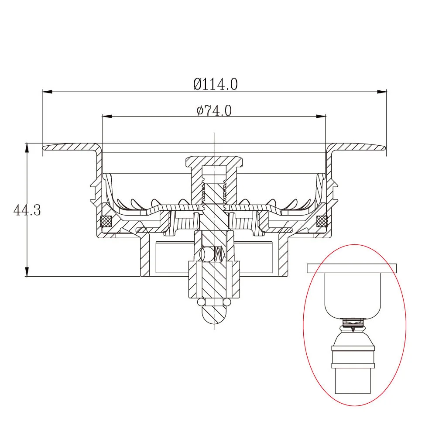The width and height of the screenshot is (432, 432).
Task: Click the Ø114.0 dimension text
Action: click(x=215, y=84)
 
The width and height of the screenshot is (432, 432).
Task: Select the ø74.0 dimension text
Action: click(x=214, y=111)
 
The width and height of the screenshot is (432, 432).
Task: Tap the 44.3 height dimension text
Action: click(x=27, y=210)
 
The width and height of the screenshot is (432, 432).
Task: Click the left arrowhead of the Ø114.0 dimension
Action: click(x=48, y=92)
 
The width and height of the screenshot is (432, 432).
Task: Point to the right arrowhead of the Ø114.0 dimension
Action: click(x=381, y=92)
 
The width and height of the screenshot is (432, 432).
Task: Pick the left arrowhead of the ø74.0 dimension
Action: click(x=107, y=117)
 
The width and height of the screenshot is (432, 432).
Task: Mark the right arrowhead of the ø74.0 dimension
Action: click(x=321, y=117)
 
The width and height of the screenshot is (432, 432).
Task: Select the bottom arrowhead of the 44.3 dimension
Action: click(x=27, y=271)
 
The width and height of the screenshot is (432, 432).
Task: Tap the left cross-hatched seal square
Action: click(x=106, y=221)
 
